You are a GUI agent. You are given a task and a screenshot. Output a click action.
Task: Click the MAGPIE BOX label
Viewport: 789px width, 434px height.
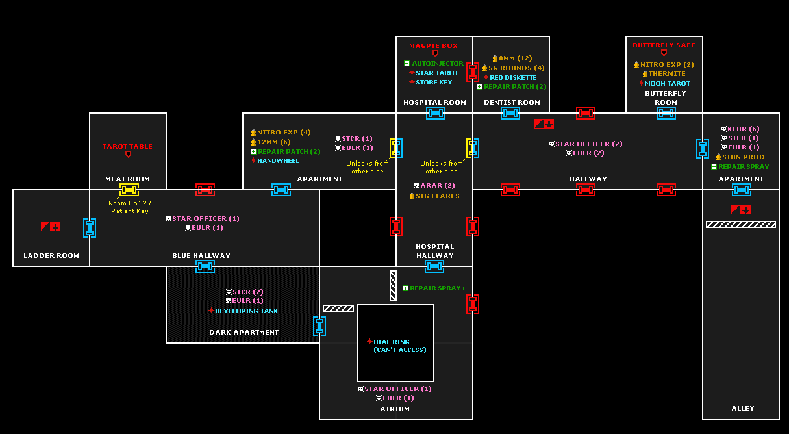(x=433, y=45)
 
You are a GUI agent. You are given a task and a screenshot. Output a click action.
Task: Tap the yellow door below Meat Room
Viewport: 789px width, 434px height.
(x=129, y=190)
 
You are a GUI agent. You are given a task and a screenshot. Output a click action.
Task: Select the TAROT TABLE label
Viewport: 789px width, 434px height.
(x=127, y=147)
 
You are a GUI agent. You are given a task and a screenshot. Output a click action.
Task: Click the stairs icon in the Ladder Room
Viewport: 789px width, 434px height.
(x=51, y=226)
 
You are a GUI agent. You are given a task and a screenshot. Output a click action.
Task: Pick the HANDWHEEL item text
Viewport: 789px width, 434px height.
(x=279, y=161)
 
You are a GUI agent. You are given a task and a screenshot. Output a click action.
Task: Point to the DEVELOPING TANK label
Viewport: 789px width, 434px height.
(x=247, y=311)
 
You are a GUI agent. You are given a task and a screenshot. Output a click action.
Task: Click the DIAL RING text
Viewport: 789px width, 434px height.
(x=392, y=342)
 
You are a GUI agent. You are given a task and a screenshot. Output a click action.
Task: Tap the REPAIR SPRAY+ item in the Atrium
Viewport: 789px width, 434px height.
(x=438, y=288)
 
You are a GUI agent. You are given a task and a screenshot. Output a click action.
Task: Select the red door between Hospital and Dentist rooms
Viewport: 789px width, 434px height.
(x=472, y=72)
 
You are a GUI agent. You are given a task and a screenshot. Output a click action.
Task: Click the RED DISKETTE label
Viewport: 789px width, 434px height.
(x=513, y=77)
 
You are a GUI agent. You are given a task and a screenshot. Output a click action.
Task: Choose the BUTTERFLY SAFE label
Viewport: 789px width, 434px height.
(x=664, y=45)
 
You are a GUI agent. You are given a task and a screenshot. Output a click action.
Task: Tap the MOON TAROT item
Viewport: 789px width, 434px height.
(x=668, y=84)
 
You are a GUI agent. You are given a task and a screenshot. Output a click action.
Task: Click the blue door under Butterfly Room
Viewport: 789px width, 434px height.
(x=666, y=113)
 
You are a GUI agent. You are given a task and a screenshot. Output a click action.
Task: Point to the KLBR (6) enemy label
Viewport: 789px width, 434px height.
(x=743, y=129)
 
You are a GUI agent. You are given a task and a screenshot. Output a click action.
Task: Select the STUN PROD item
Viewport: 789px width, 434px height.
(x=743, y=157)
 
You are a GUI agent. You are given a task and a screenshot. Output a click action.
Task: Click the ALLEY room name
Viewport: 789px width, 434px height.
(x=743, y=408)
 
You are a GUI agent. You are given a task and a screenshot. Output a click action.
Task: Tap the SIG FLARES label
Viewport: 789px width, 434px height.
(x=438, y=196)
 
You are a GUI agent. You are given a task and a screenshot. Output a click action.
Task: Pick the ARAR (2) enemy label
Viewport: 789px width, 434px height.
(x=438, y=186)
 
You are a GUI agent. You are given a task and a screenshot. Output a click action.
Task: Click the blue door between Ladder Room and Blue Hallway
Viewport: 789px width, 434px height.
(x=90, y=228)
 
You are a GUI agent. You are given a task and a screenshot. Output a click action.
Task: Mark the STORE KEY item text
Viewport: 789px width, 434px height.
(x=434, y=82)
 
